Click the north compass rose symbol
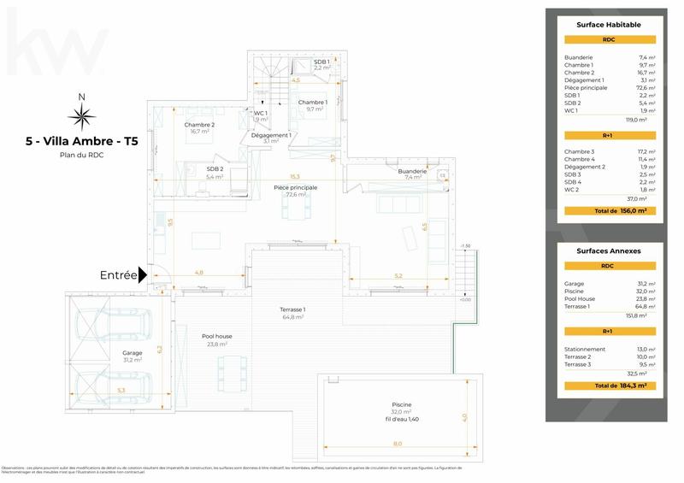(x=81, y=117)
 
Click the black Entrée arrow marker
(x=144, y=274)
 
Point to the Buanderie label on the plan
(x=412, y=172)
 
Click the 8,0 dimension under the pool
(x=398, y=445)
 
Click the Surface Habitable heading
(x=608, y=25)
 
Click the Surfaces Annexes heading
(x=608, y=251)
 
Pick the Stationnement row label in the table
(x=584, y=349)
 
